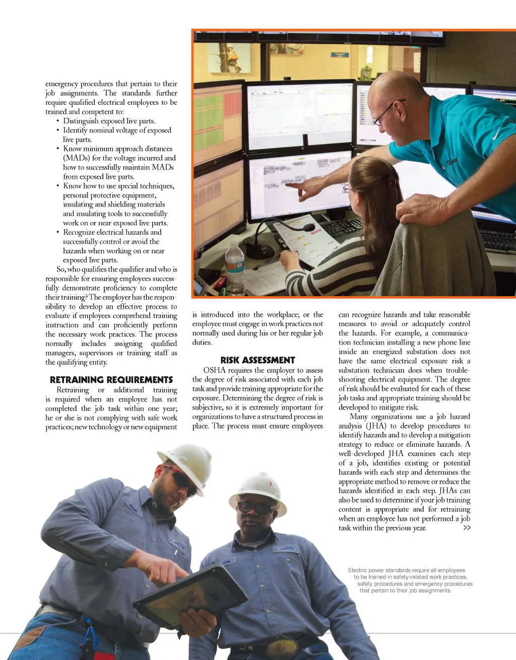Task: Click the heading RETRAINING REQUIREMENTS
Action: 111,380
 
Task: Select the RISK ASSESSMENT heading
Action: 257,360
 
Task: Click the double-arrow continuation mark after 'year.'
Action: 467,527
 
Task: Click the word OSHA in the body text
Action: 215,370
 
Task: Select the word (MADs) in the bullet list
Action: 76,158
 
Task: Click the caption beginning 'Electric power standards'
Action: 409,580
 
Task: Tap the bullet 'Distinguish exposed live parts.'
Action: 109,121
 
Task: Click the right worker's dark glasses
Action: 254,506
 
